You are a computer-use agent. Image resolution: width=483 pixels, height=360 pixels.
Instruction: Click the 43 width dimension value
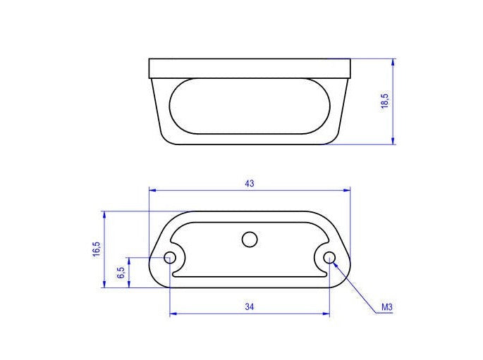pyautogui.click(x=249, y=183)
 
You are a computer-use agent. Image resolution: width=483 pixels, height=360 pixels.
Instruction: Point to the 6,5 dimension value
pyautogui.click(x=121, y=273)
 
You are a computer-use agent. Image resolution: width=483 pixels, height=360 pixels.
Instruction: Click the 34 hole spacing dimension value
pyautogui.click(x=249, y=306)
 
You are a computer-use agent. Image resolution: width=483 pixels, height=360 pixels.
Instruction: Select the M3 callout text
pyautogui.click(x=386, y=308)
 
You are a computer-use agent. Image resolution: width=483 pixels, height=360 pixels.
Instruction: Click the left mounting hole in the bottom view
pyautogui.click(x=170, y=259)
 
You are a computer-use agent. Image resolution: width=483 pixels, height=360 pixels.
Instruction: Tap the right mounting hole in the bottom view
pyautogui.click(x=329, y=259)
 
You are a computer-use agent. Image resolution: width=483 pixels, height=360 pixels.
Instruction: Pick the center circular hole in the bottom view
pyautogui.click(x=249, y=240)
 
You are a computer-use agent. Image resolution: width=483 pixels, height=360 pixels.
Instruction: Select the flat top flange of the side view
pyautogui.click(x=250, y=68)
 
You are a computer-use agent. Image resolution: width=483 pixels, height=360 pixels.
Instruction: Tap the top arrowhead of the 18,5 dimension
pyautogui.click(x=393, y=63)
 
